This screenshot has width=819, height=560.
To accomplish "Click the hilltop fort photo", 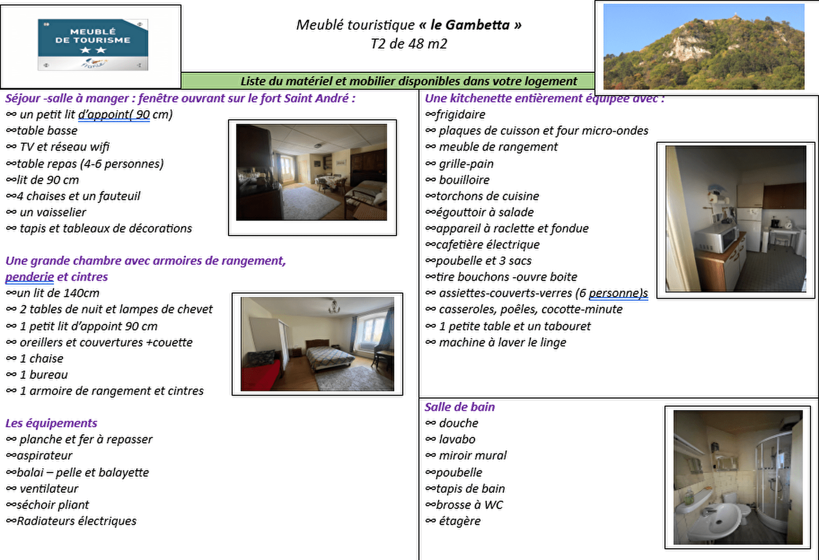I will [x=703, y=47].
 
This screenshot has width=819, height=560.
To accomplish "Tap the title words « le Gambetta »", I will [x=470, y=25].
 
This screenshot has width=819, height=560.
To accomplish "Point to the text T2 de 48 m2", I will [x=408, y=44].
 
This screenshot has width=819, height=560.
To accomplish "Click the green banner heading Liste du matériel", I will [x=408, y=81].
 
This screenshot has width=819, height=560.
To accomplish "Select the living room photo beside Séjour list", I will [x=312, y=172].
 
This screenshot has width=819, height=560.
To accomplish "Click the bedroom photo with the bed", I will [x=317, y=344].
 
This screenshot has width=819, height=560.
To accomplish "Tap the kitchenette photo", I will [x=735, y=219].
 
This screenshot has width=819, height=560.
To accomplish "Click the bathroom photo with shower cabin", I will [x=738, y=476].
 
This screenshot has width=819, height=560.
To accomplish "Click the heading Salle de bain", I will [x=459, y=407].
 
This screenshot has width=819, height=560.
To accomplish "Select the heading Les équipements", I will [x=51, y=423].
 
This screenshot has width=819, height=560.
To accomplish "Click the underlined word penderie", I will [x=29, y=277].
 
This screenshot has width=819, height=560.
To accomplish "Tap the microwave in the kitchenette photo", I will [x=716, y=240].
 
